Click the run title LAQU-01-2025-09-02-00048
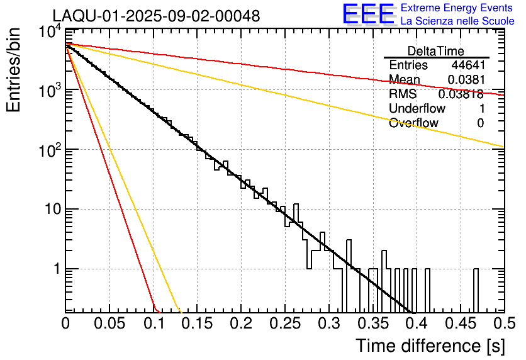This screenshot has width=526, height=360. pyautogui.click(x=156, y=16)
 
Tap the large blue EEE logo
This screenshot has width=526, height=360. pyautogui.click(x=368, y=14)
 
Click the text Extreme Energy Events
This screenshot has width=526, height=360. pyautogui.click(x=457, y=8)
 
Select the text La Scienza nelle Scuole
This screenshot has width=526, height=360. pyautogui.click(x=457, y=21)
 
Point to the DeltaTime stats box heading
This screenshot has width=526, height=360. pyautogui.click(x=436, y=51)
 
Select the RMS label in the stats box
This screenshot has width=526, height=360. pyautogui.click(x=403, y=94)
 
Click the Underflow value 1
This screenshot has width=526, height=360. pyautogui.click(x=481, y=108)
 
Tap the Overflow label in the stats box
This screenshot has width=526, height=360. pyautogui.click(x=413, y=123)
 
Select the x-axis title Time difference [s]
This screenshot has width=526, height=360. pyautogui.click(x=428, y=346)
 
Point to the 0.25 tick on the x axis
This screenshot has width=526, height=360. pyautogui.click(x=284, y=323)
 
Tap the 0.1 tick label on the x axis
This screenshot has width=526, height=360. pyautogui.click(x=153, y=323)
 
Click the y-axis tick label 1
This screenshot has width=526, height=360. pyautogui.click(x=55, y=269)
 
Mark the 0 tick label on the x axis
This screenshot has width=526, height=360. pyautogui.click(x=65, y=323)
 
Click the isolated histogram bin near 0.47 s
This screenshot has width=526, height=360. pyautogui.click(x=476, y=290)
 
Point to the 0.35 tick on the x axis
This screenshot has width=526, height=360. pyautogui.click(x=372, y=323)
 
